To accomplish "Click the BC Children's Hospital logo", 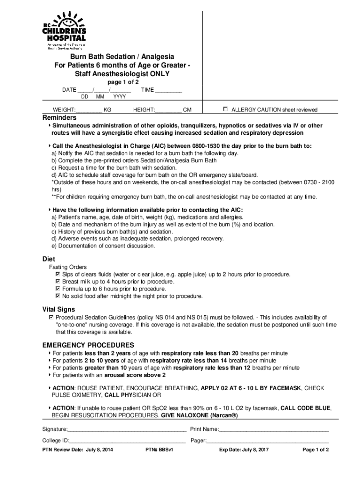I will (x=65, y=30).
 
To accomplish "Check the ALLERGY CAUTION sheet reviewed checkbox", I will (x=225, y=109).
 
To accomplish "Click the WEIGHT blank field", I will (x=89, y=110).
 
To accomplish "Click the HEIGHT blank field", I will (x=168, y=110).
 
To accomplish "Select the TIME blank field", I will (x=168, y=90).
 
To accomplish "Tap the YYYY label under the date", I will (x=120, y=97).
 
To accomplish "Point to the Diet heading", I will (x=49, y=259).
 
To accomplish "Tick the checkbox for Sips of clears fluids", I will (x=58, y=274).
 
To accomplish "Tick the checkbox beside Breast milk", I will (x=58, y=281).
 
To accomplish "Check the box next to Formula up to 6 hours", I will (x=58, y=289).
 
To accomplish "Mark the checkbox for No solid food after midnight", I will (x=58, y=296).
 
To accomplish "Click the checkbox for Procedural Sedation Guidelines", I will (x=51, y=317).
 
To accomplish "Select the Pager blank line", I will (x=268, y=441).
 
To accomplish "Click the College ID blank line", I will (x=128, y=441).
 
